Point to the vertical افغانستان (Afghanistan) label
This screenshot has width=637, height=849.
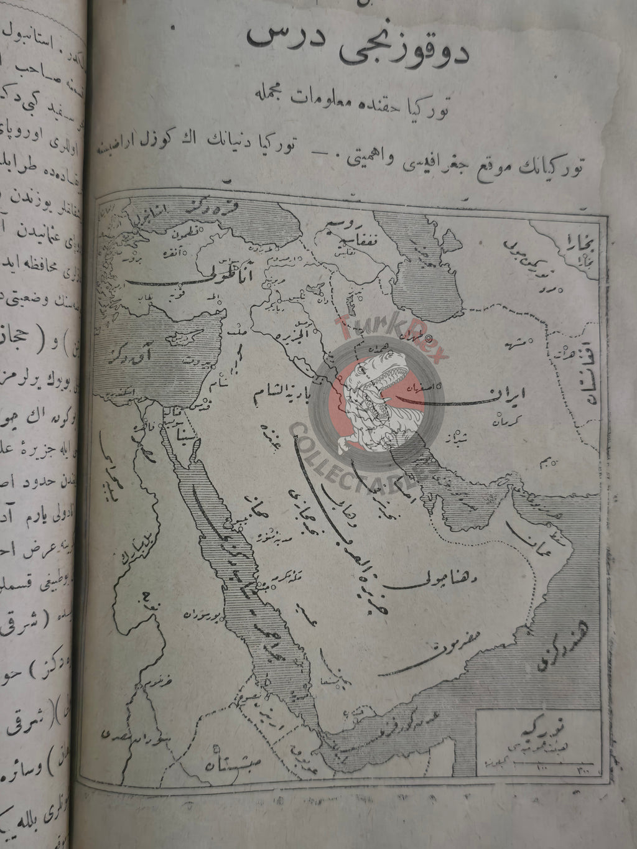587,361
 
